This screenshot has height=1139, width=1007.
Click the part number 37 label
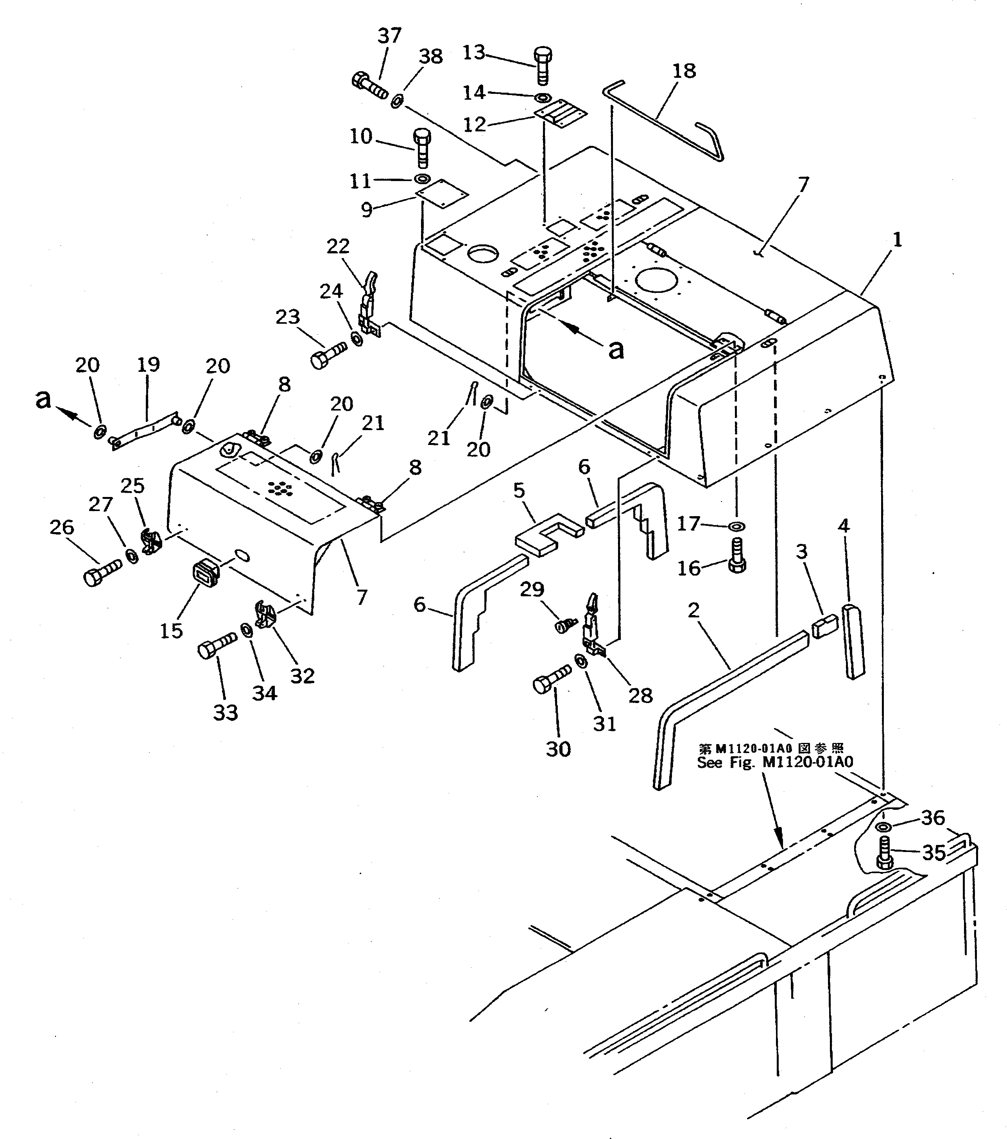[389, 36]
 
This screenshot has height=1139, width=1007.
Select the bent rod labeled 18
[663, 119]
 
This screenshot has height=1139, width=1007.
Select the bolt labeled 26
[102, 570]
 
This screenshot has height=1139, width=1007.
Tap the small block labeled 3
[825, 626]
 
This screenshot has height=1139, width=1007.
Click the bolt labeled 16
[737, 557]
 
